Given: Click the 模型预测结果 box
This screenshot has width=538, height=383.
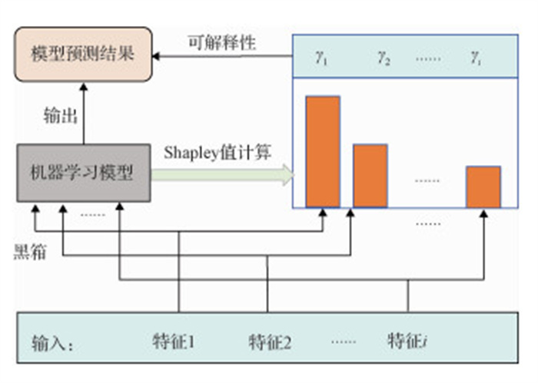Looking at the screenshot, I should click(82, 54).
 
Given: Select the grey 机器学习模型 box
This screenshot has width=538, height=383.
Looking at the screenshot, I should click(82, 173).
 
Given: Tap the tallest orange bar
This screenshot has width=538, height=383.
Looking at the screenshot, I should click(323, 151).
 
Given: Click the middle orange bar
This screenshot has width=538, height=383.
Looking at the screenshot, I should click(370, 175).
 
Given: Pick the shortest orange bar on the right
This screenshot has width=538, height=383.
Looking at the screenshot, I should click(483, 187).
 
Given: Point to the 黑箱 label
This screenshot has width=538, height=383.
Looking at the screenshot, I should click(30, 251).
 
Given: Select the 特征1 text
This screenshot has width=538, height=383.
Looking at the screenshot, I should click(174, 340).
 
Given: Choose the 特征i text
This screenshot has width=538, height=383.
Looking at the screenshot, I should click(407, 340).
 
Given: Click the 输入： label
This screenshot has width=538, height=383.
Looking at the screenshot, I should click(53, 343).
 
